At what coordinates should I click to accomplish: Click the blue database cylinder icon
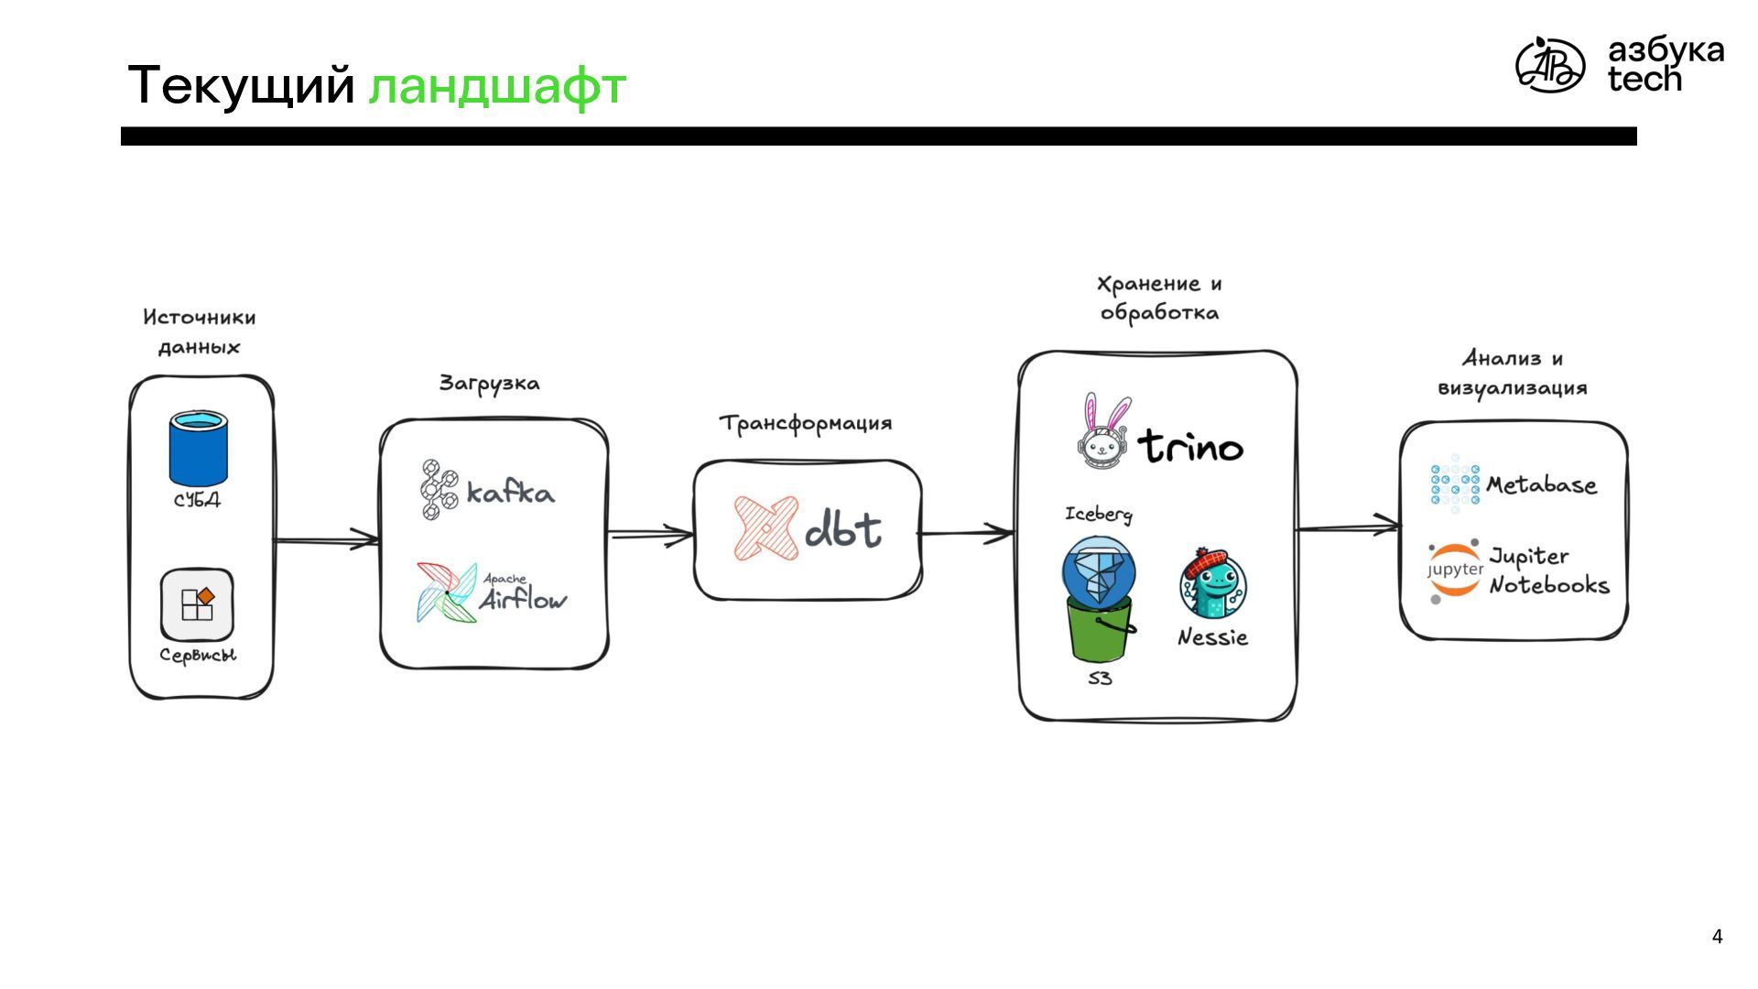click(x=198, y=449)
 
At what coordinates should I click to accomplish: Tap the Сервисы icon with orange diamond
click(x=197, y=604)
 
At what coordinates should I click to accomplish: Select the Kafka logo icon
click(x=439, y=490)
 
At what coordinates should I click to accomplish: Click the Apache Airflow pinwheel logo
click(x=447, y=593)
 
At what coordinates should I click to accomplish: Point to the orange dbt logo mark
click(x=765, y=528)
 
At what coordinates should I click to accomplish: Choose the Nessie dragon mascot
click(x=1213, y=585)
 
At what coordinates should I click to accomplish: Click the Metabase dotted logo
click(x=1454, y=483)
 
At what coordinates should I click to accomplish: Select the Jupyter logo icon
click(x=1454, y=571)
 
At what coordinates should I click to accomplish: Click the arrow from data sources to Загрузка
click(x=327, y=540)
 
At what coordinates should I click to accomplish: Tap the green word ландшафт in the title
click(x=497, y=86)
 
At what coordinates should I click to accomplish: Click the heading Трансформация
click(x=806, y=423)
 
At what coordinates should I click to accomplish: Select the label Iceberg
click(x=1098, y=514)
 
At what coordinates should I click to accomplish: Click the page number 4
click(x=1717, y=936)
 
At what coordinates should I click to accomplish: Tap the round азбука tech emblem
click(x=1549, y=65)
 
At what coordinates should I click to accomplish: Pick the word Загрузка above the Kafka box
click(x=489, y=383)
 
